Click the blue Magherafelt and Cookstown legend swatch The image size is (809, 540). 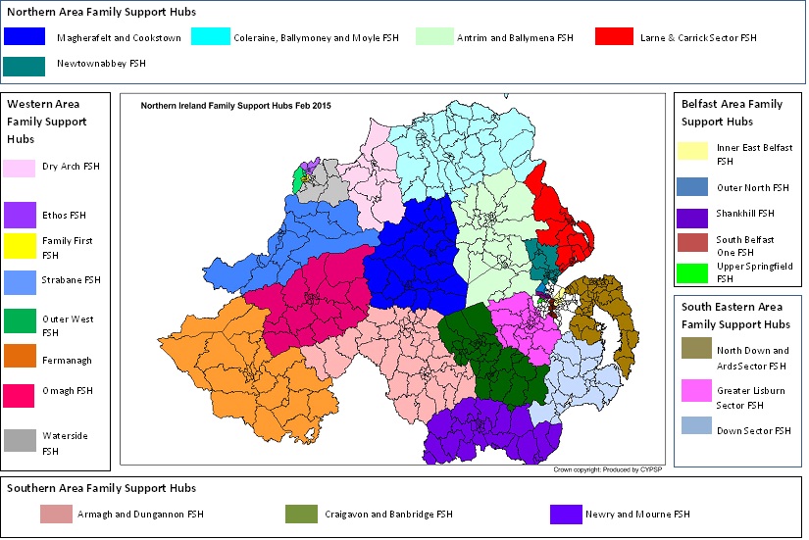[x=24, y=36]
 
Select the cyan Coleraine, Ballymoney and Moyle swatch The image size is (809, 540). [x=210, y=36]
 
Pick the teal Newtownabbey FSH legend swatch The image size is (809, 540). [x=24, y=66]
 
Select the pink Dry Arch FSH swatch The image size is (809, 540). [x=21, y=167]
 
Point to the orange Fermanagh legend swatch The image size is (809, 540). [x=21, y=360]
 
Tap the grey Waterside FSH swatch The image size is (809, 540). [x=21, y=442]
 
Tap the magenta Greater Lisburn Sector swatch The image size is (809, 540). [x=694, y=392]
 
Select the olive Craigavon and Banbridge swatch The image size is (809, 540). [x=301, y=515]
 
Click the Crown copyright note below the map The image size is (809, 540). [x=608, y=470]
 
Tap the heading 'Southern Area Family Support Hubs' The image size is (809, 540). [x=101, y=487]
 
